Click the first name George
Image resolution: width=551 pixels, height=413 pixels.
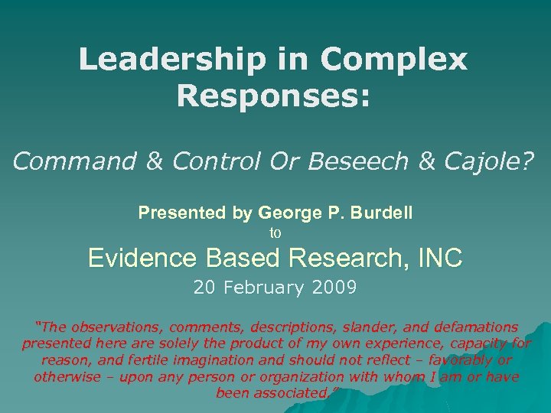point(284,213)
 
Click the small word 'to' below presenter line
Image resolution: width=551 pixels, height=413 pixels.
point(275,233)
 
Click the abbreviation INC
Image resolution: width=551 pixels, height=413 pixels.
point(440,259)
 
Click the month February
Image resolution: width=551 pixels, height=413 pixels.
point(265,288)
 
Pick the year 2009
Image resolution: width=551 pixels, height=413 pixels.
point(336,288)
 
